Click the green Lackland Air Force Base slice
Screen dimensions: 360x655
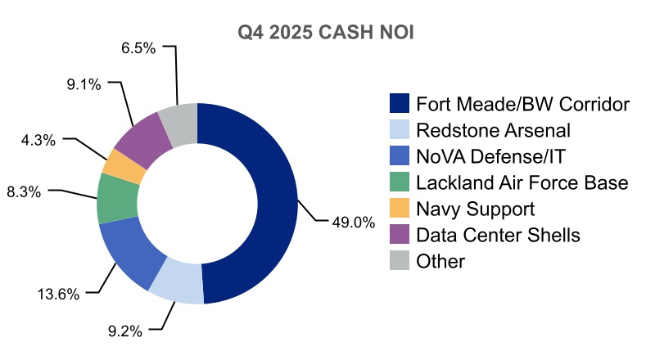(117, 199)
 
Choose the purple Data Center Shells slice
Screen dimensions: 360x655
(143, 137)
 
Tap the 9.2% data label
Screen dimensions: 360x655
(125, 331)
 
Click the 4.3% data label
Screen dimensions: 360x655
(38, 140)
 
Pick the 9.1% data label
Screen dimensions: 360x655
(83, 83)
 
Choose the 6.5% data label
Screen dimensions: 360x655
(138, 48)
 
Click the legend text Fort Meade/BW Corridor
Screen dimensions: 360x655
(522, 104)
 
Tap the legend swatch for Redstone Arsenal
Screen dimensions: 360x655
(400, 130)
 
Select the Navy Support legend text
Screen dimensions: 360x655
(476, 209)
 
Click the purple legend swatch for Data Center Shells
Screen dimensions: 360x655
(400, 235)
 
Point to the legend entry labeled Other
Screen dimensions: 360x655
(440, 262)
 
